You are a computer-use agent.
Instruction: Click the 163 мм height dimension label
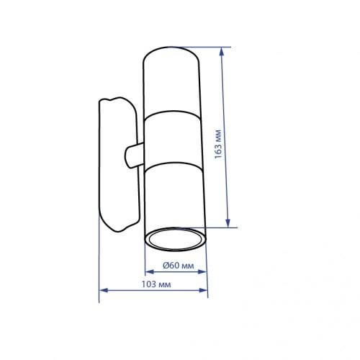(x=218, y=144)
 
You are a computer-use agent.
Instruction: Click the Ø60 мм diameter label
(x=179, y=266)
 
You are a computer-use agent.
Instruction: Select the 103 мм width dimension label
(x=156, y=284)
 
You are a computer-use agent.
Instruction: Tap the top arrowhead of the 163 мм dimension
(x=222, y=51)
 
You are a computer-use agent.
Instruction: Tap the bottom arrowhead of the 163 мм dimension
(x=228, y=223)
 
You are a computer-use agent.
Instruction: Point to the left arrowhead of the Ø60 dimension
(x=150, y=271)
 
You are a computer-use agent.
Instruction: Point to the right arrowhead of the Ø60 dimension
(x=202, y=271)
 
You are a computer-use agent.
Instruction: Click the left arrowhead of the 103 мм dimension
(x=104, y=290)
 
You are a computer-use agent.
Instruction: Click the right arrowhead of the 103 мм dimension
(x=203, y=290)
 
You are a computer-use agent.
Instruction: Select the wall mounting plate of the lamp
(x=119, y=164)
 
